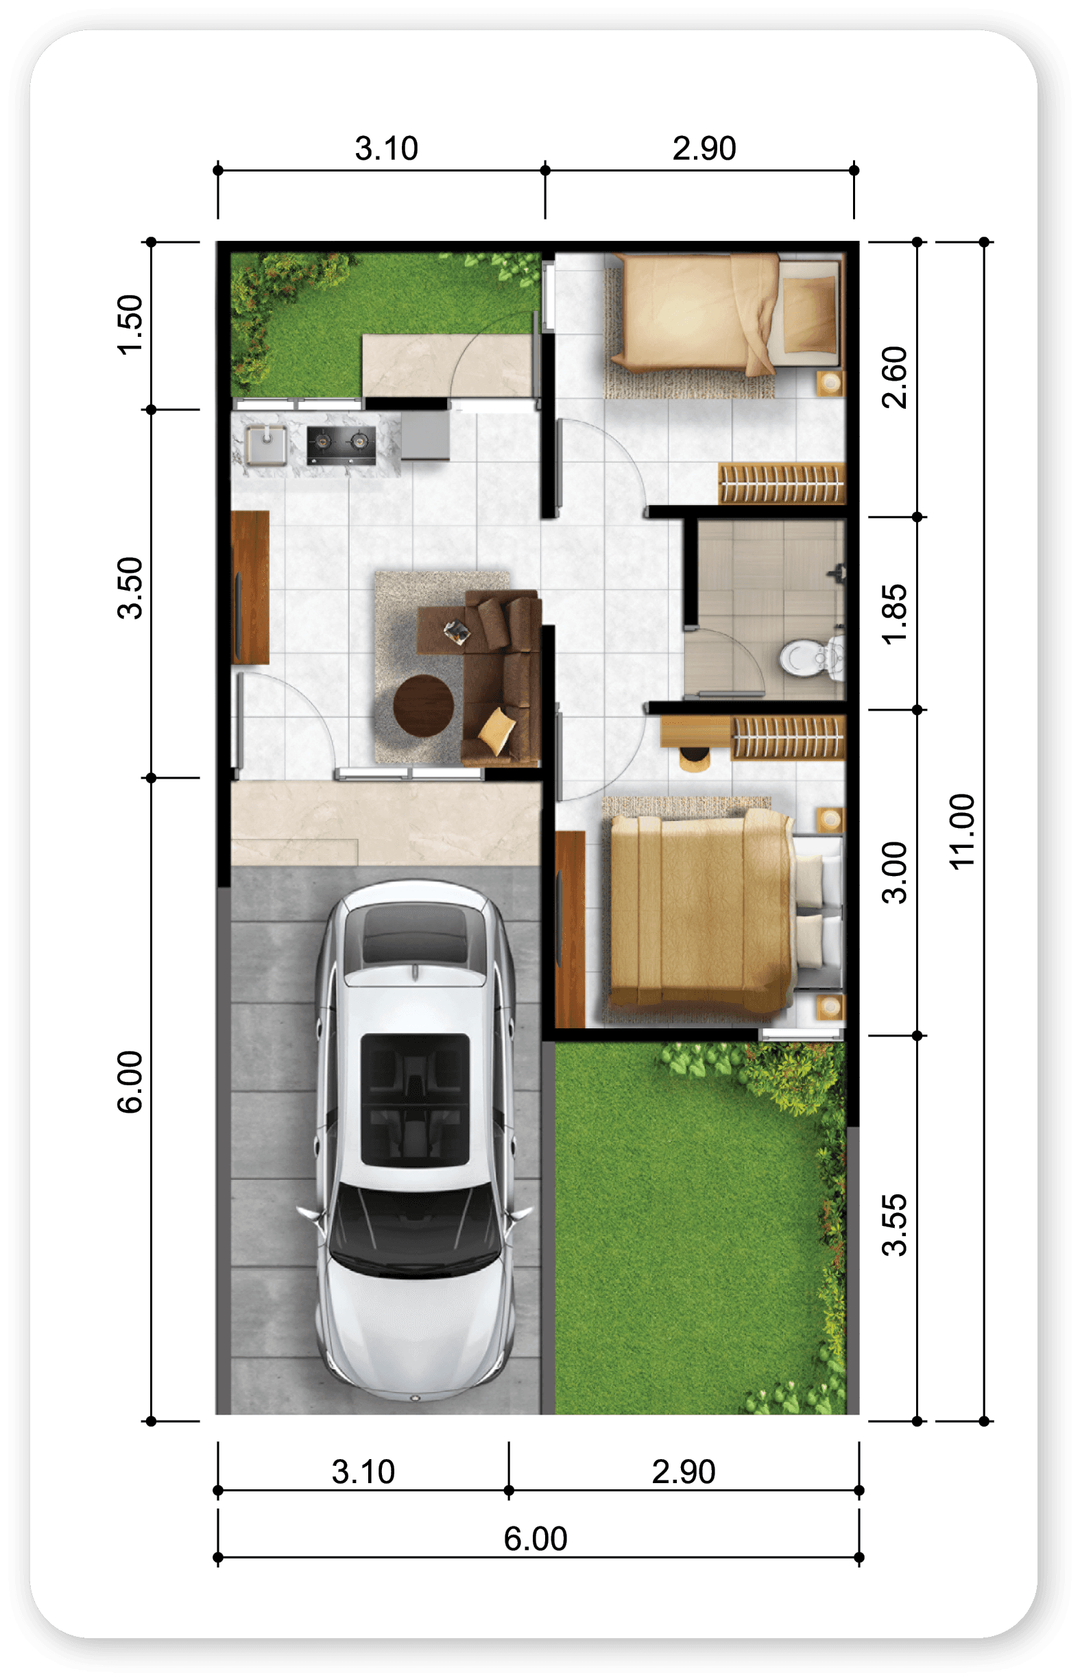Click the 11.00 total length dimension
point(962,832)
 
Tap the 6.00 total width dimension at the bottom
point(535,1539)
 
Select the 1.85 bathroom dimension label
point(894,615)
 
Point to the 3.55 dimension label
point(894,1224)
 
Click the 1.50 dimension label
point(130,324)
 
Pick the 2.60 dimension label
point(894,377)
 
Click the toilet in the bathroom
point(813,658)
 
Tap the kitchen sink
point(266,444)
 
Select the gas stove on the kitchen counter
point(341,445)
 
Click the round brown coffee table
point(423,706)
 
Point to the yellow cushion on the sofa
point(497,731)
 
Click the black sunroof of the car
point(415,1100)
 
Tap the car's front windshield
point(415,1229)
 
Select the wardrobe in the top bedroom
point(782,484)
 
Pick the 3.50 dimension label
point(130,588)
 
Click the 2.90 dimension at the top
point(704,149)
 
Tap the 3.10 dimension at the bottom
point(363,1471)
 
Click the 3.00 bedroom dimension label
point(894,873)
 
